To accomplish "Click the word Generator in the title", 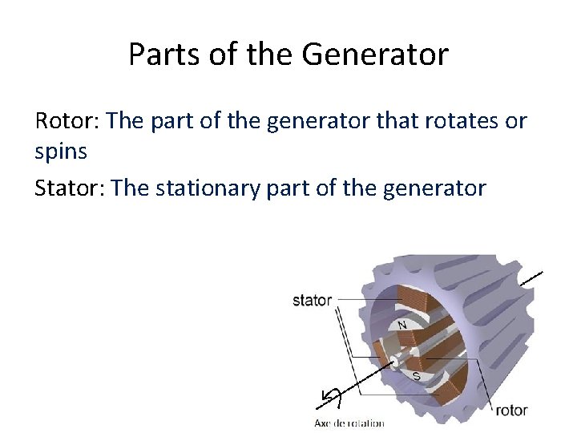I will [x=375, y=55].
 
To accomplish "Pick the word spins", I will [x=61, y=152].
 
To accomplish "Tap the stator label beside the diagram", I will [x=312, y=300].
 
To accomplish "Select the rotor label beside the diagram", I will [x=510, y=410].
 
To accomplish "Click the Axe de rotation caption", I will [x=349, y=423].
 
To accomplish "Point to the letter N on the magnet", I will [x=402, y=325].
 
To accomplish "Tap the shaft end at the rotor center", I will [x=396, y=365].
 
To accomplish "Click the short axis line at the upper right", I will [x=531, y=278].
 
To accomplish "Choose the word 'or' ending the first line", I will [x=516, y=121].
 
